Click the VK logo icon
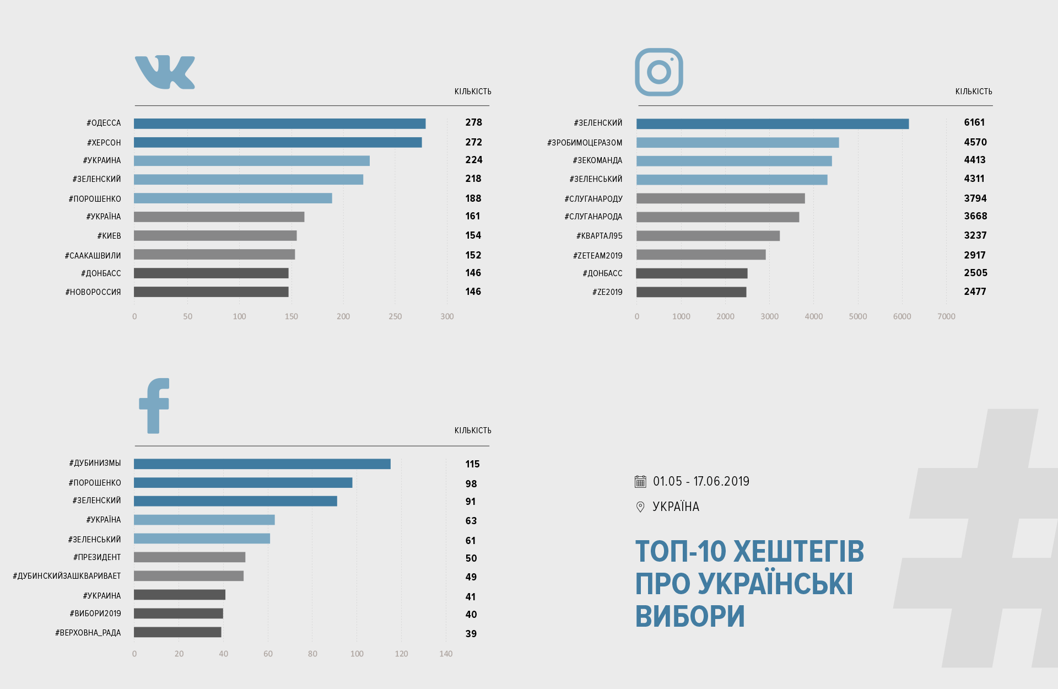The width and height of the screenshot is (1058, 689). coord(165,72)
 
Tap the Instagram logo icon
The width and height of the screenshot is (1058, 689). coord(658,72)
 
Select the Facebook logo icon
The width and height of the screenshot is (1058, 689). coord(154,406)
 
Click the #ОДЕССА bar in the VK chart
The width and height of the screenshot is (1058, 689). coord(279,123)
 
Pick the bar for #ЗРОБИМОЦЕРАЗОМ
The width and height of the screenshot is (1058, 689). coord(737,143)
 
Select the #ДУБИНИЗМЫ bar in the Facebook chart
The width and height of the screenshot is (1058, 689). coord(262,464)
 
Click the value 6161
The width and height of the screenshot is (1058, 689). coord(974,122)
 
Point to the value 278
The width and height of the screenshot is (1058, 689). coord(473,122)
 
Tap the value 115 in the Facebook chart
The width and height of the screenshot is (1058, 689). coord(472,464)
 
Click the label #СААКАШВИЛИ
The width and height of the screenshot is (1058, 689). coord(93,256)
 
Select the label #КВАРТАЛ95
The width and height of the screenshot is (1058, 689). coord(599,236)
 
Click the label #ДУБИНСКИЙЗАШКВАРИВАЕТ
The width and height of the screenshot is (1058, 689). coord(67,576)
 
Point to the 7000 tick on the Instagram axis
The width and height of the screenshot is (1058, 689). coord(946,316)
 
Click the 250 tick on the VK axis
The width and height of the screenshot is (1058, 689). coord(395,316)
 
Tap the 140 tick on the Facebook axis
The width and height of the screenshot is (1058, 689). coord(446,654)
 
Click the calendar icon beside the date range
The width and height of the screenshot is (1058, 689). coord(640,482)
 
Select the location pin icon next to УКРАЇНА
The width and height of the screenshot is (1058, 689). coord(640,507)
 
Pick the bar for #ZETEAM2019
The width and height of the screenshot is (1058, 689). coord(701,255)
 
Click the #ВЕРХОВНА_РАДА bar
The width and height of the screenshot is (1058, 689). coord(177,632)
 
